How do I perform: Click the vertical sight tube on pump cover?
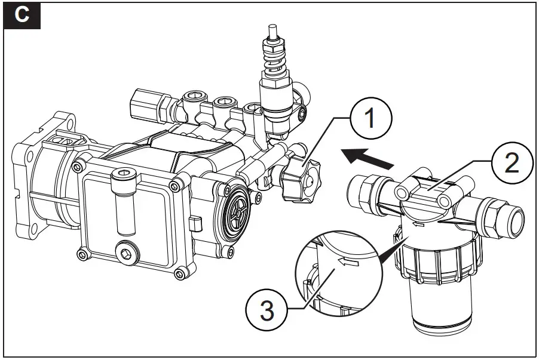[124, 204]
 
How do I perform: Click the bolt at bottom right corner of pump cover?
[178, 273]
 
